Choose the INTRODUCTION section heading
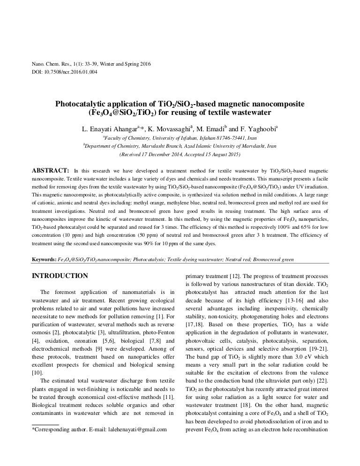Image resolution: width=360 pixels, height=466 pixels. click(59, 276)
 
